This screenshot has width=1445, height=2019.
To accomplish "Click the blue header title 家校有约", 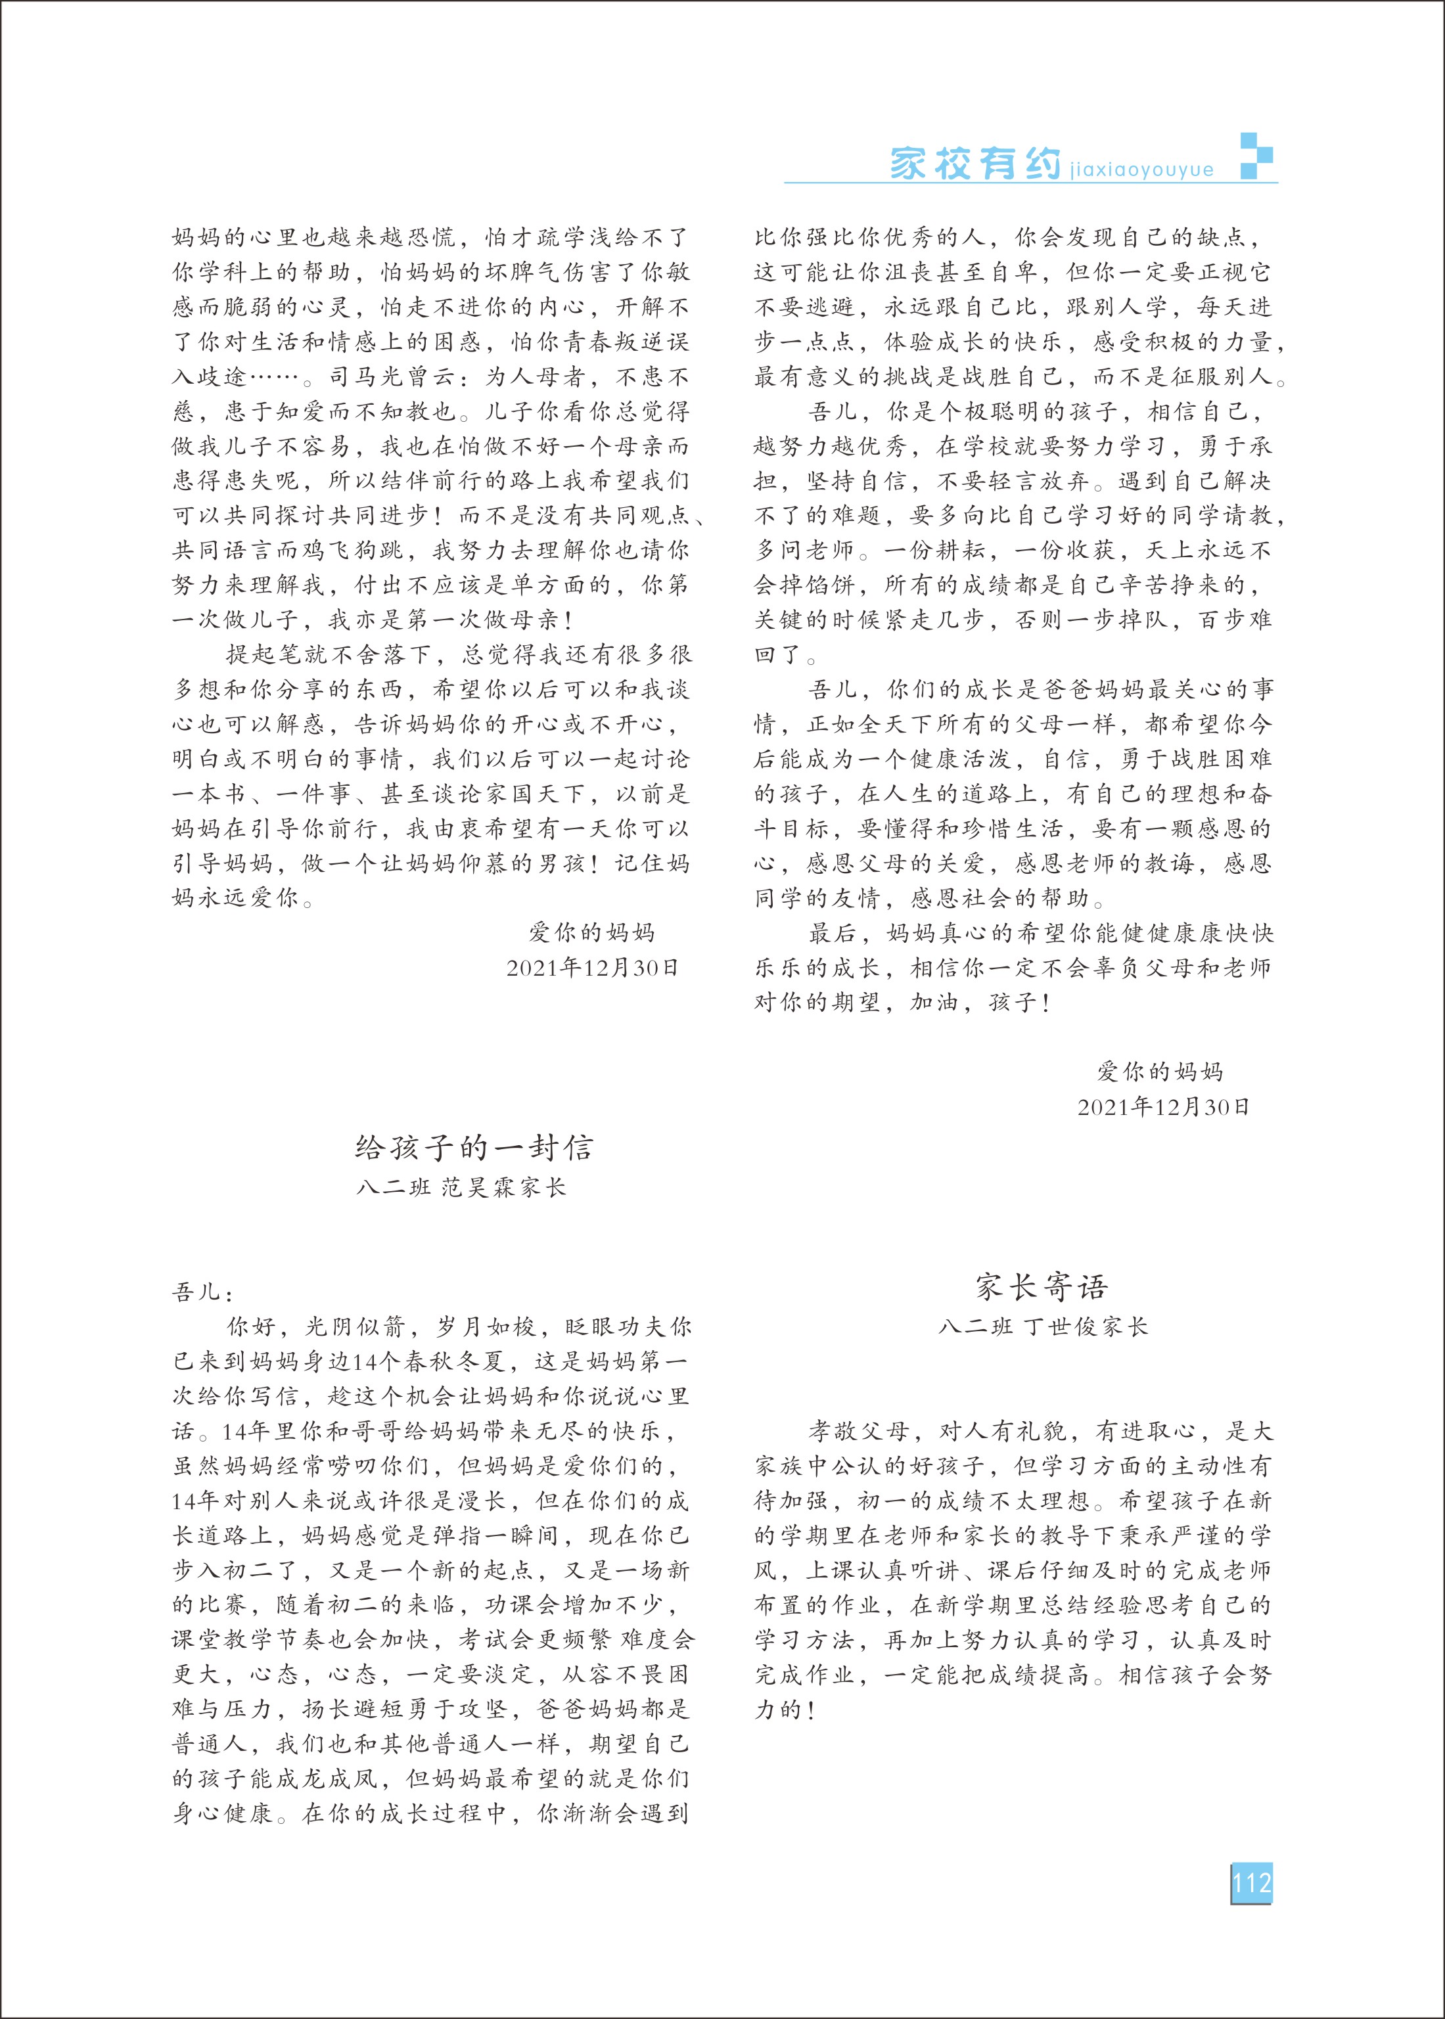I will pyautogui.click(x=975, y=164).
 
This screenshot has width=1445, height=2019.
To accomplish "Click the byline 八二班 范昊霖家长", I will pyautogui.click(x=461, y=1187).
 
